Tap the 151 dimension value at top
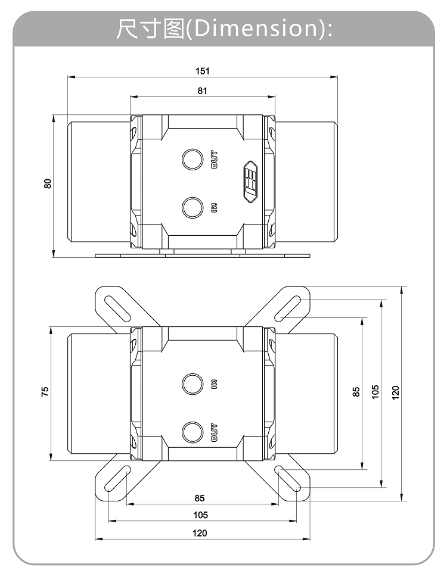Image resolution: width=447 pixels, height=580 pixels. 203,71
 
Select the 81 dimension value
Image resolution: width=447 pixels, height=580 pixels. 203,91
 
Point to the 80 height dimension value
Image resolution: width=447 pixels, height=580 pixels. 48,183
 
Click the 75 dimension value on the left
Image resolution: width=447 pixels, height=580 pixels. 45,391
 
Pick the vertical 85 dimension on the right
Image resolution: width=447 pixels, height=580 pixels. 356,392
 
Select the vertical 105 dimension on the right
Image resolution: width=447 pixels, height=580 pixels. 375,392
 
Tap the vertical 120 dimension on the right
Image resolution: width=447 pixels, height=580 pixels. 395,392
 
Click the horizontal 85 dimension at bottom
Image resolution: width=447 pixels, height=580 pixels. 200,498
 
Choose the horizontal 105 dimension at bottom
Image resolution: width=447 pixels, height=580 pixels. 200,515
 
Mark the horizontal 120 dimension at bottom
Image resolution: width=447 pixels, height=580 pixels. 200,533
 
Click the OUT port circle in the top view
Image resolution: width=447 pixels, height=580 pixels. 192,160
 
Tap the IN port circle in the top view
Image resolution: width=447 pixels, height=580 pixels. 192,207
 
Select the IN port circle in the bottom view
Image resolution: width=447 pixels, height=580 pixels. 192,383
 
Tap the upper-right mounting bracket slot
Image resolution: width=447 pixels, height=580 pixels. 288,308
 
